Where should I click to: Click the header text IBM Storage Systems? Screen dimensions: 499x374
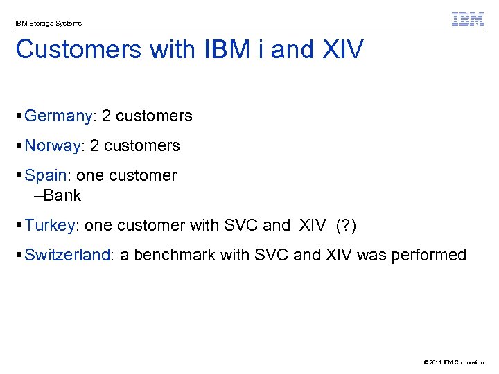tap(49, 24)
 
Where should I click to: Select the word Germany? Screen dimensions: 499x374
tap(58, 116)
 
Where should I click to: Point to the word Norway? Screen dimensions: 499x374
tap(53, 146)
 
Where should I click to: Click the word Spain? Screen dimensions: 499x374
tap(46, 176)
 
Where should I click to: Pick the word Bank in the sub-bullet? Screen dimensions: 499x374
tap(62, 196)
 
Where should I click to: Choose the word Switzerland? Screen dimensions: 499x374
tap(67, 256)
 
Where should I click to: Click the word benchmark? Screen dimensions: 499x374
tap(175, 256)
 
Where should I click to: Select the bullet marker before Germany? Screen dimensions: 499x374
tap(19, 116)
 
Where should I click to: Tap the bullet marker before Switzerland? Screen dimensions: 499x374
tap(19, 256)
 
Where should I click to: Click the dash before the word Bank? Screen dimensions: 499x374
tap(38, 196)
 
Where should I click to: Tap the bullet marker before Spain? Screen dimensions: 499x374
tap(19, 176)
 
